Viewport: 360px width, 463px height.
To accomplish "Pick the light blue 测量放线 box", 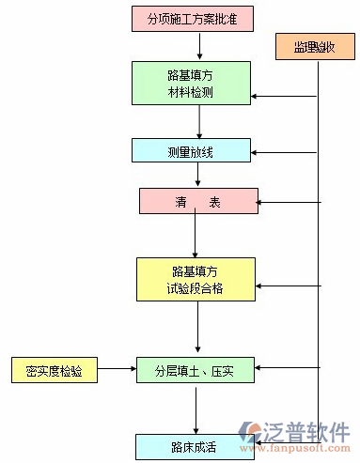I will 192,150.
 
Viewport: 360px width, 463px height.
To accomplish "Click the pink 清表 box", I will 197,201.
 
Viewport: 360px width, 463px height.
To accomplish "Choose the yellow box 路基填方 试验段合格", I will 196,279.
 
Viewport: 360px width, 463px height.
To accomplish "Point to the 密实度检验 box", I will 54,370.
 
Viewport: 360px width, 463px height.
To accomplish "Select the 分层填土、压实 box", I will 196,370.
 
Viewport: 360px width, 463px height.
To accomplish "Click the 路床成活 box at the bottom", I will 195,446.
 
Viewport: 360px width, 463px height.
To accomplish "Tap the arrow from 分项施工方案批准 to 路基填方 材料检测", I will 200,46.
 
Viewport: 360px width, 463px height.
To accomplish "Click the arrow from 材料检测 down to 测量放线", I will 200,121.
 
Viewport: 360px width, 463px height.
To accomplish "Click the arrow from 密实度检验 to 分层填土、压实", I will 117,370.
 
